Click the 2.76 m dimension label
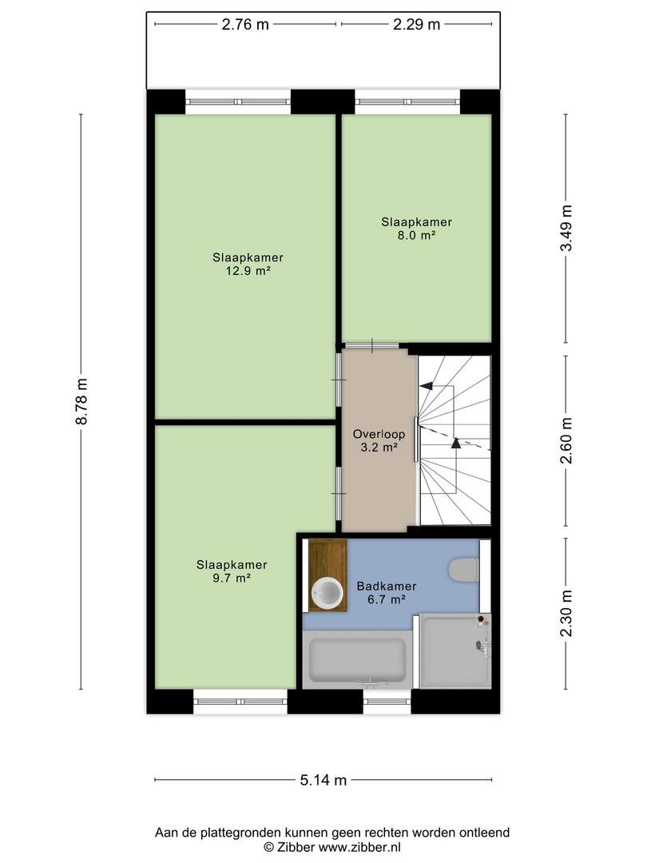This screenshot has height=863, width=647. pyautogui.click(x=245, y=25)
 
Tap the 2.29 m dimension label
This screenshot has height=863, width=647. pyautogui.click(x=416, y=25)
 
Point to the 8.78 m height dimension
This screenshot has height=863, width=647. pyautogui.click(x=81, y=401)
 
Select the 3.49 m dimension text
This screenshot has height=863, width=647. pyautogui.click(x=566, y=228)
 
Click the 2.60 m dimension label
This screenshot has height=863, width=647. pyautogui.click(x=566, y=439)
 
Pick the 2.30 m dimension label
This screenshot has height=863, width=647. pyautogui.click(x=566, y=613)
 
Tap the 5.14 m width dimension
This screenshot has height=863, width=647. pyautogui.click(x=323, y=780)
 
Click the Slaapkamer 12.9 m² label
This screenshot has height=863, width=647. pyautogui.click(x=248, y=264)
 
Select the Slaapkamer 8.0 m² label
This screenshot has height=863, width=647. pyautogui.click(x=416, y=229)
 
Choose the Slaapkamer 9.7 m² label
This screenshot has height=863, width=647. pyautogui.click(x=232, y=571)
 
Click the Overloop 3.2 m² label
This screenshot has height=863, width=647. pyautogui.click(x=379, y=440)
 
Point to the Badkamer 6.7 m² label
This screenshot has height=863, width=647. pyautogui.click(x=387, y=593)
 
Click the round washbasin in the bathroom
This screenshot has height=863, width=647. pyautogui.click(x=326, y=591)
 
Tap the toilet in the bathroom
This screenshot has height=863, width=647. pyautogui.click(x=464, y=571)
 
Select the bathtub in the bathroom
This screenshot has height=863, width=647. pyautogui.click(x=358, y=659)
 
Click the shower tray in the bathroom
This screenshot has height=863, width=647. pyautogui.click(x=455, y=651)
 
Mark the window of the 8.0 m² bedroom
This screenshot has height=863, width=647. pyautogui.click(x=407, y=101)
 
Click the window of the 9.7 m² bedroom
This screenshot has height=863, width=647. pyautogui.click(x=240, y=702)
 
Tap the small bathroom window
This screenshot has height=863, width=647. pyautogui.click(x=387, y=702)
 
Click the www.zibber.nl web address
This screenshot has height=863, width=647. pyautogui.click(x=359, y=847)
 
